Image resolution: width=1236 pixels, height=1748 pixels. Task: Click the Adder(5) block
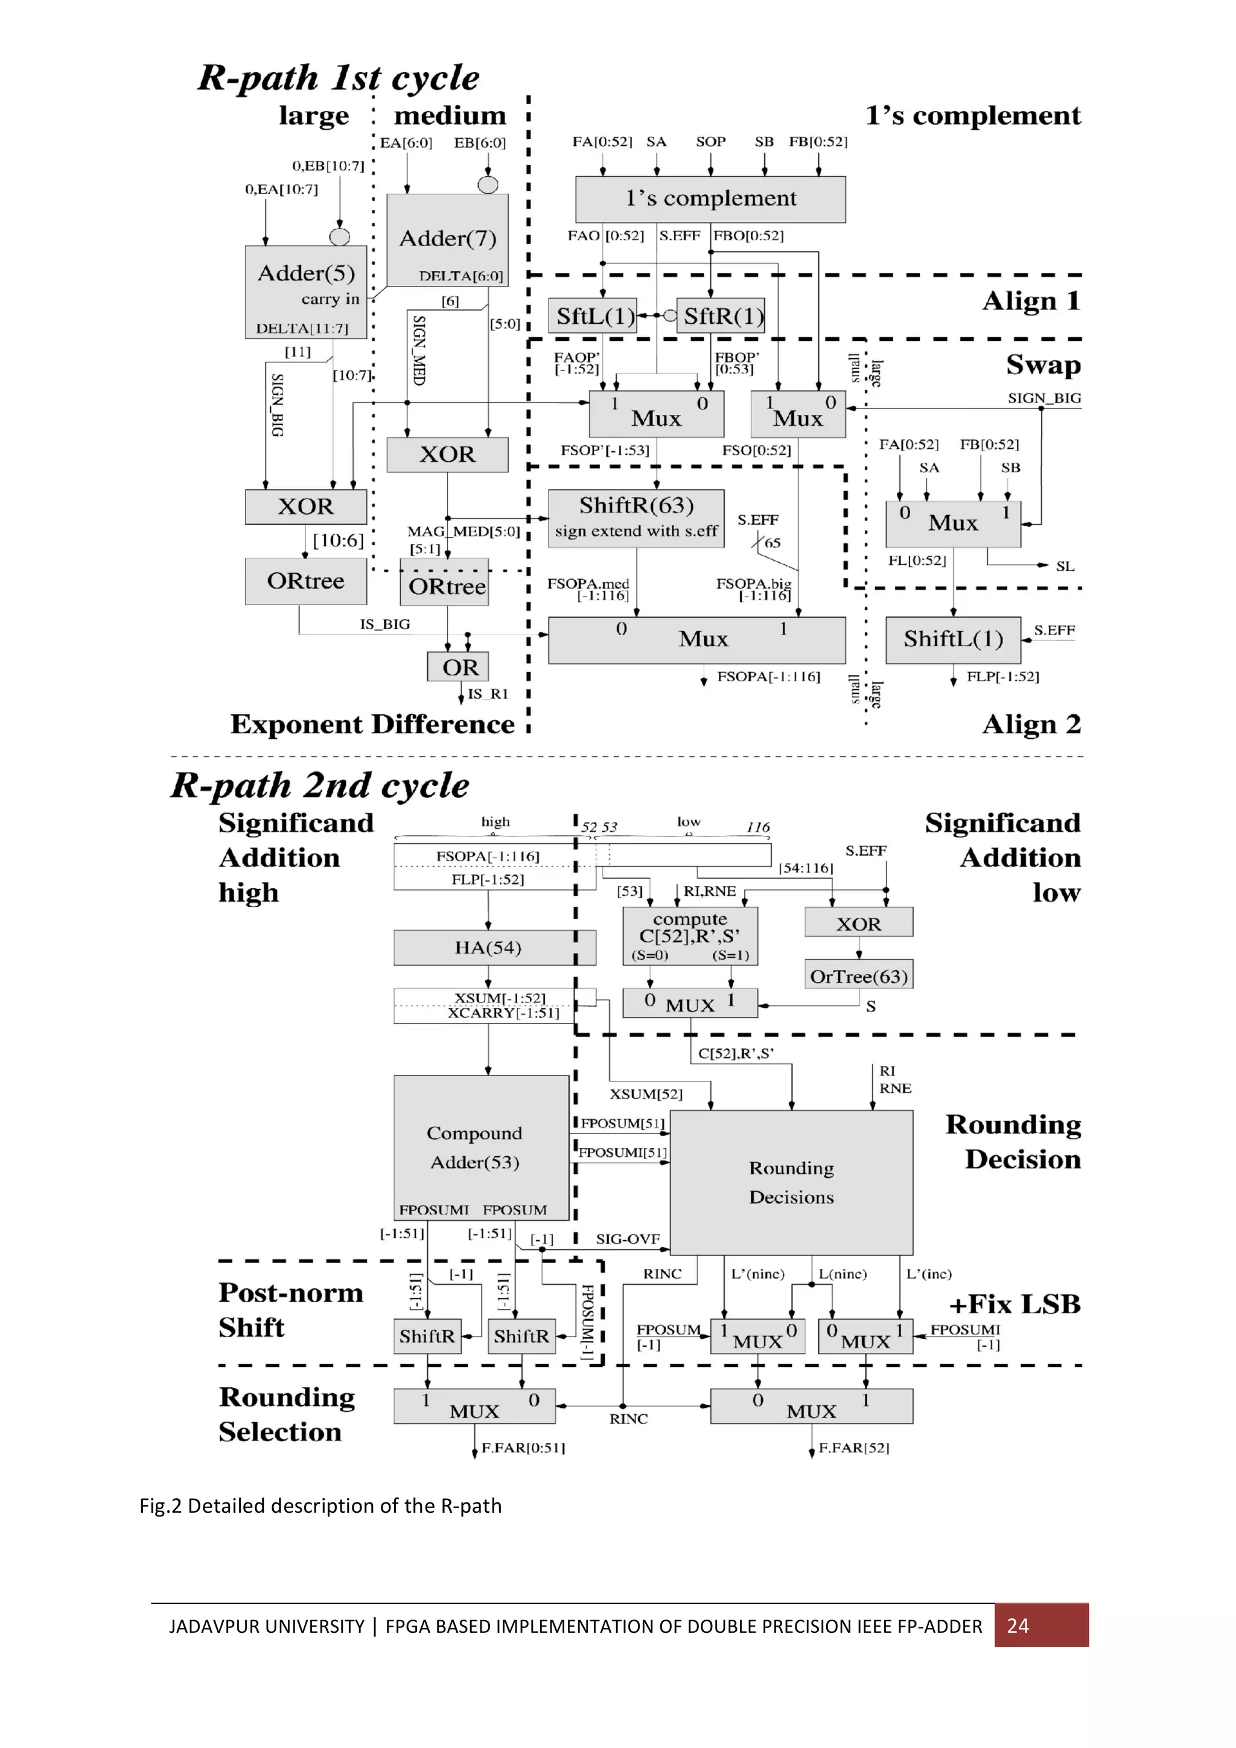click(305, 291)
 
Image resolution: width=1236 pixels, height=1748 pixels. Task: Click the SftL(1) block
click(593, 315)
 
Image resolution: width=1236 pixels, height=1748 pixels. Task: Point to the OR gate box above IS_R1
click(457, 667)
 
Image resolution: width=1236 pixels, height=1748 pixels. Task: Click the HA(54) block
click(488, 948)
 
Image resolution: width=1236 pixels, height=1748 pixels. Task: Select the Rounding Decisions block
click(791, 1182)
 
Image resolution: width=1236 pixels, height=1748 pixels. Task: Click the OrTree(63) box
click(858, 976)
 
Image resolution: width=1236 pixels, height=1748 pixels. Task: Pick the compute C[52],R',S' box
click(689, 936)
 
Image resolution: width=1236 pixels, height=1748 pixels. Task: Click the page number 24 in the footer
click(1018, 1626)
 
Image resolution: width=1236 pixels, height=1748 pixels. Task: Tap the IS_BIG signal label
click(384, 624)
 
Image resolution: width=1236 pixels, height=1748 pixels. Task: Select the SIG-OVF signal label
click(628, 1239)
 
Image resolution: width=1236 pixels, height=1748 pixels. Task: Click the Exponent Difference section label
click(372, 724)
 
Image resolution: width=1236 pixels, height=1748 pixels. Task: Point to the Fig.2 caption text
click(320, 1506)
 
